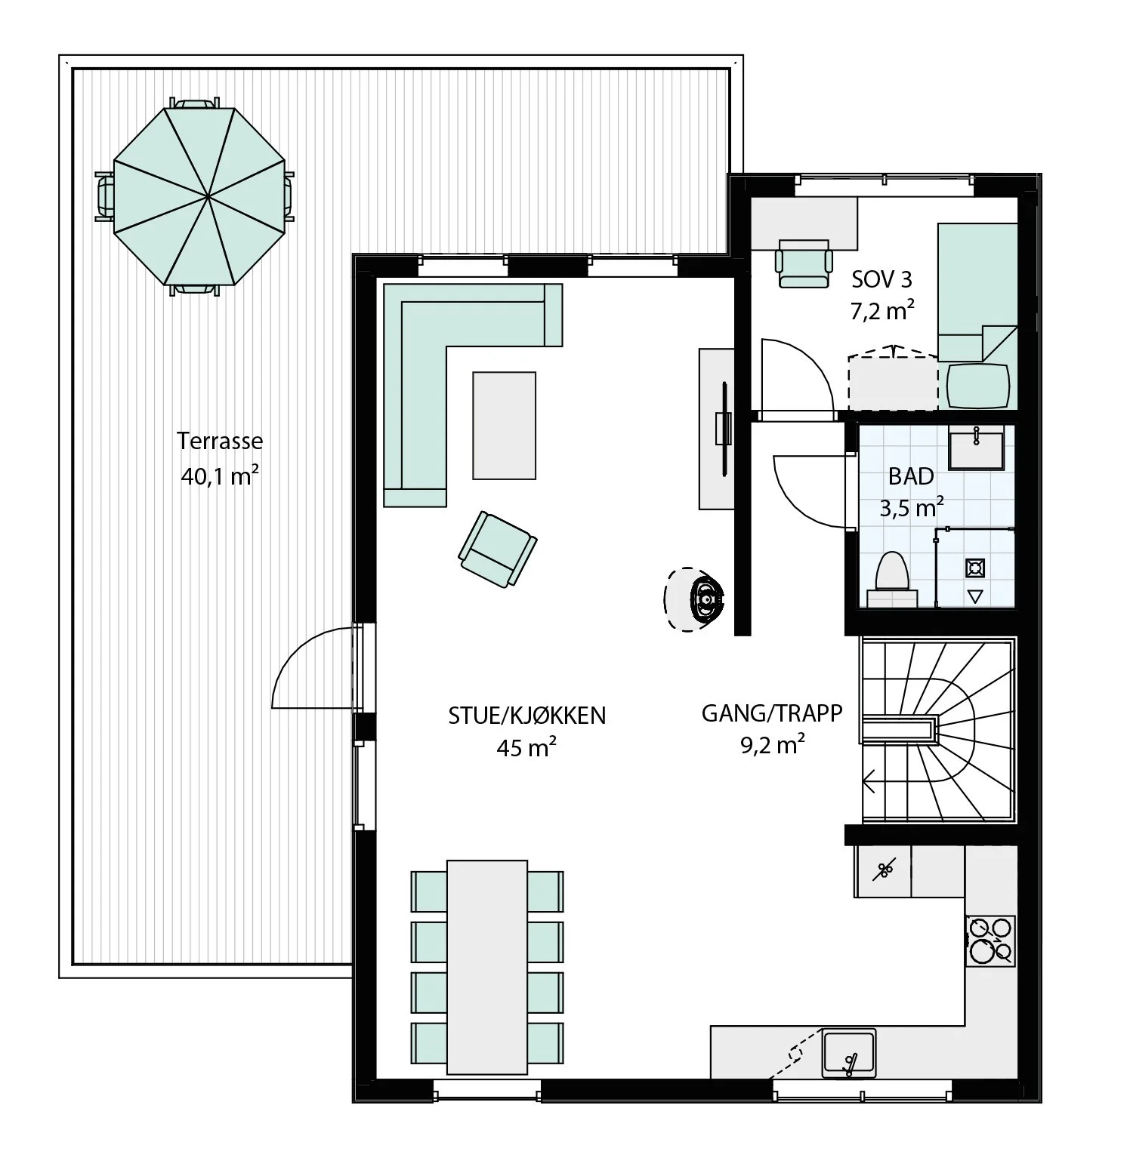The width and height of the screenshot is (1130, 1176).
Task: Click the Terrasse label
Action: pyautogui.click(x=220, y=441)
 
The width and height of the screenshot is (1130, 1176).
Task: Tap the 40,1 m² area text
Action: pyautogui.click(x=221, y=476)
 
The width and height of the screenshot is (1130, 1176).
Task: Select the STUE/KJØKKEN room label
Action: pyautogui.click(x=527, y=715)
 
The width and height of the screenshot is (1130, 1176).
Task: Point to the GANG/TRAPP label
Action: pyautogui.click(x=772, y=713)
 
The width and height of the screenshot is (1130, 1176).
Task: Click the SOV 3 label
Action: pyautogui.click(x=882, y=279)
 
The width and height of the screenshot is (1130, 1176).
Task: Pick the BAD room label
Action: pyautogui.click(x=911, y=476)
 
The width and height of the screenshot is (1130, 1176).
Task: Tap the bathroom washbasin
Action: pyautogui.click(x=977, y=447)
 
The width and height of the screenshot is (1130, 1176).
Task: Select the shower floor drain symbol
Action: pyautogui.click(x=975, y=567)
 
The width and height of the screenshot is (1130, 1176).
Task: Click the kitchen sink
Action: pyautogui.click(x=850, y=1052)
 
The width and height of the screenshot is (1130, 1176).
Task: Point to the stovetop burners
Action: pyautogui.click(x=990, y=940)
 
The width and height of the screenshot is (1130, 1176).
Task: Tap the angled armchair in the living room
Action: pyautogui.click(x=498, y=549)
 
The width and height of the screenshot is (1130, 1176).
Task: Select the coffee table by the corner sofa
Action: pyautogui.click(x=504, y=425)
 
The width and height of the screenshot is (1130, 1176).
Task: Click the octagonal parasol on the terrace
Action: pyautogui.click(x=199, y=196)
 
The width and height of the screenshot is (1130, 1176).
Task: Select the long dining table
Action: pyautogui.click(x=487, y=967)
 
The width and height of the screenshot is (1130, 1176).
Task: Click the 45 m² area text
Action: pyautogui.click(x=527, y=747)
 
